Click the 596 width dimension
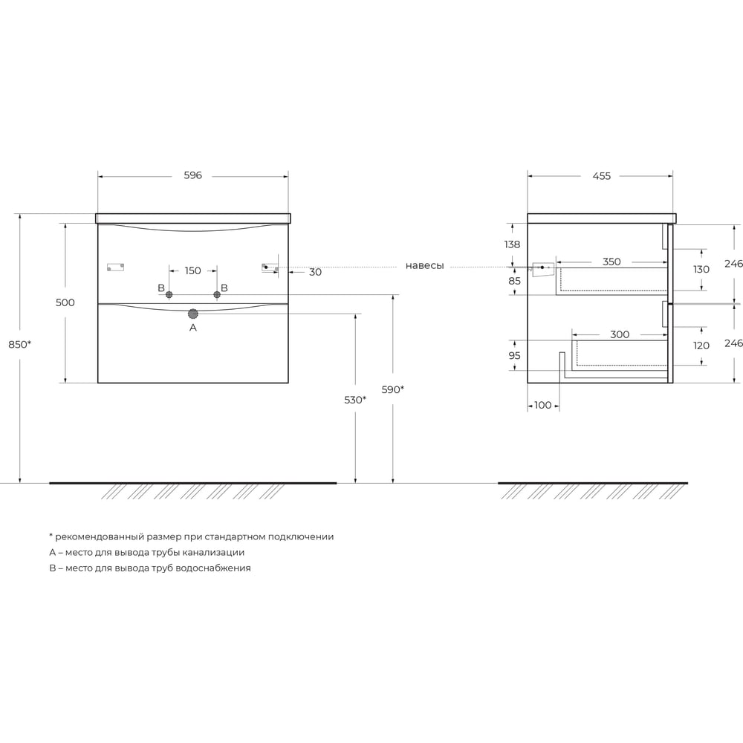coord(193,175)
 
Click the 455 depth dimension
coord(602,176)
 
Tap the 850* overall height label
coord(19,345)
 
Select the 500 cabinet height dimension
coord(65,302)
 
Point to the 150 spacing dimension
coord(193,270)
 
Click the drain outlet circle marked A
coord(193,314)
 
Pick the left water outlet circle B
coord(169,295)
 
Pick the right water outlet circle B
coord(217,295)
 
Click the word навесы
coord(424,266)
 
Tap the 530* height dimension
coord(355,400)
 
